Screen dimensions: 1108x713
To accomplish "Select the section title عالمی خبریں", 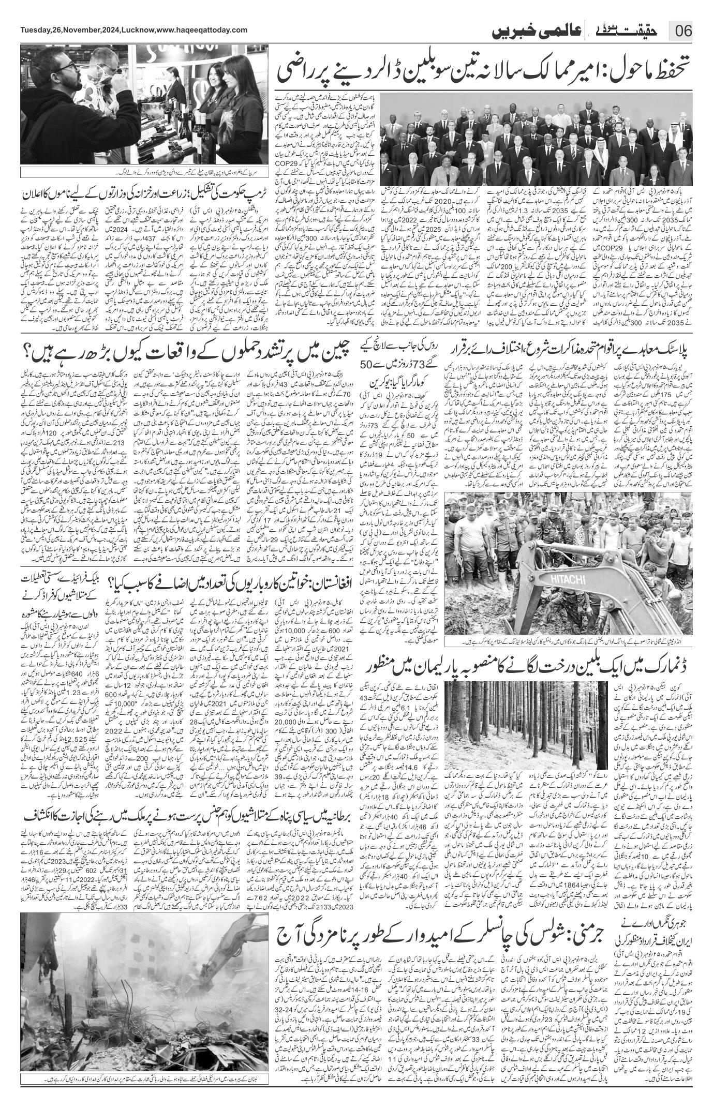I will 548,31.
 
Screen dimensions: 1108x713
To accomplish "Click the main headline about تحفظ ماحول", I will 486,71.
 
